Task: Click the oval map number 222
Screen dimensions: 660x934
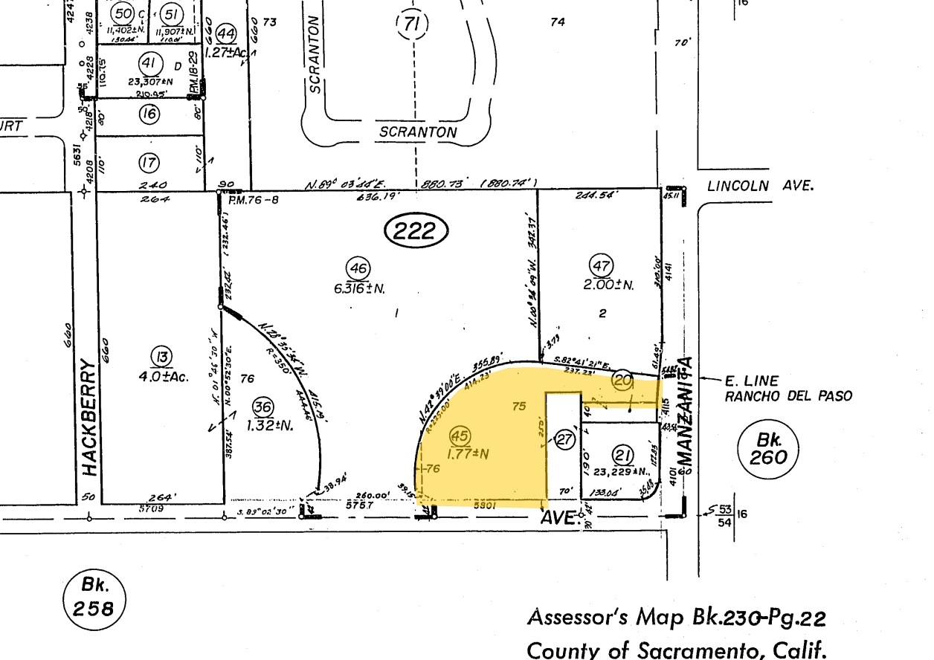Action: point(416,231)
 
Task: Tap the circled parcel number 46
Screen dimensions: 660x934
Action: point(358,268)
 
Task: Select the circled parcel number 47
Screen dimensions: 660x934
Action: point(600,265)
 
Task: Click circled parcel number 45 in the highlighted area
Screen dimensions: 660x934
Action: point(461,436)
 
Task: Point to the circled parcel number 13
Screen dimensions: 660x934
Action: point(161,357)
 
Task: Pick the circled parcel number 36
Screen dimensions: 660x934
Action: point(263,407)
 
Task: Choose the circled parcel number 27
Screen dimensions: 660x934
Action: point(565,439)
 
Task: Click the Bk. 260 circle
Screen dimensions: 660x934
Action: point(767,449)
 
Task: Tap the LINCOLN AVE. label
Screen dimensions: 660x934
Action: point(760,186)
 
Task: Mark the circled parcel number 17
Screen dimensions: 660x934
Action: point(149,161)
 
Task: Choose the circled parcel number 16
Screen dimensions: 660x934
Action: point(149,114)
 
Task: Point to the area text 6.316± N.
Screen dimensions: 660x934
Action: point(360,288)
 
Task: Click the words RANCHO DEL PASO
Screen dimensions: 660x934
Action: point(788,397)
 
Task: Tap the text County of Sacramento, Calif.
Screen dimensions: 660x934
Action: point(676,650)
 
